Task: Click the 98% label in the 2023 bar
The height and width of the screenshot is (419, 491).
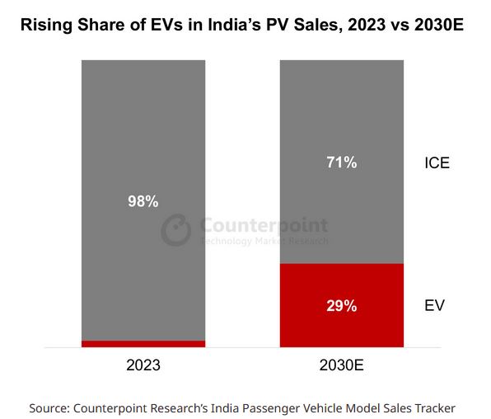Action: click(143, 201)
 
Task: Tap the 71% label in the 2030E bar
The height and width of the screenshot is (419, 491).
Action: click(341, 162)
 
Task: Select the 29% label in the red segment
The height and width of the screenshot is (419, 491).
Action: click(341, 306)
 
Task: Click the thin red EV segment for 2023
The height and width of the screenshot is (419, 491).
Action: click(143, 343)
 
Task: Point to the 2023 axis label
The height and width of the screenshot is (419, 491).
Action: click(143, 364)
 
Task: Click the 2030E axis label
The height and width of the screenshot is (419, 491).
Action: click(341, 364)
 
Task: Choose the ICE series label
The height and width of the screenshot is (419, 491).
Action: click(437, 162)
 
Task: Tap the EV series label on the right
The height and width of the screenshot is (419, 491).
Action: click(434, 306)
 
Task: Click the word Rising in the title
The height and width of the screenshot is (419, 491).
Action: click(44, 26)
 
